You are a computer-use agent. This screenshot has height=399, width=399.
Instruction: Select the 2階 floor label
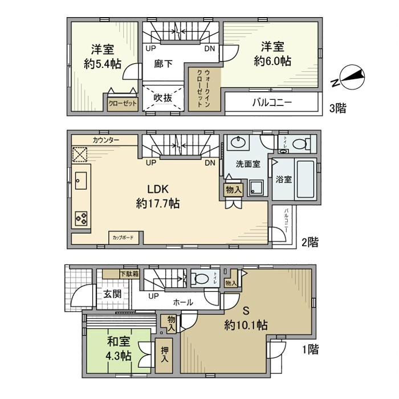click(x=310, y=242)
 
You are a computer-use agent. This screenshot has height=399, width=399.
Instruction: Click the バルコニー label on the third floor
click(x=272, y=103)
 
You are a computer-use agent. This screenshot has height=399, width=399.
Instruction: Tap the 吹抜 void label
click(x=162, y=97)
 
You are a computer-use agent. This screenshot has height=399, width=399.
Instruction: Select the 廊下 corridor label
click(x=163, y=64)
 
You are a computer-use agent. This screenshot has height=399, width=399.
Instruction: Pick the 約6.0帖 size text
click(x=273, y=60)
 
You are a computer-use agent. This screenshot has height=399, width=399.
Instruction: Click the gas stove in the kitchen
click(x=80, y=217)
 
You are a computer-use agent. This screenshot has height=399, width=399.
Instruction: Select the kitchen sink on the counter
click(x=80, y=181)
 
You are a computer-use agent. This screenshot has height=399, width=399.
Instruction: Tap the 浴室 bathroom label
click(x=284, y=180)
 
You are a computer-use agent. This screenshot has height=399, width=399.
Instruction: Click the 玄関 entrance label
click(x=112, y=294)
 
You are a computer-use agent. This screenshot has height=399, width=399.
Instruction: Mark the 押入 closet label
click(x=164, y=356)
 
